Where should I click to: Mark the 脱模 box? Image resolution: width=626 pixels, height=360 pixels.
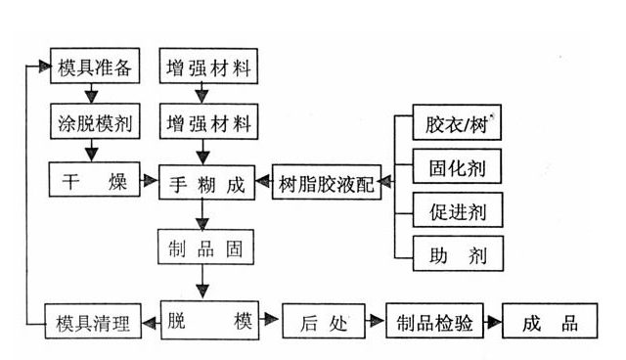click(207, 322)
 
